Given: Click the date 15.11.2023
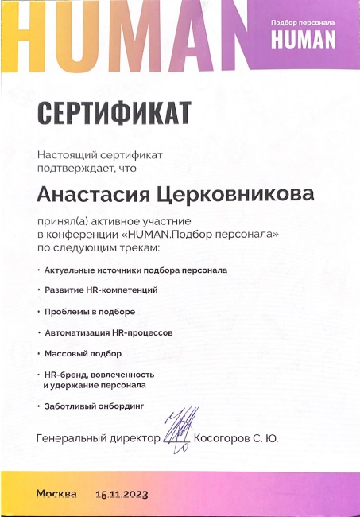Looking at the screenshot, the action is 122,494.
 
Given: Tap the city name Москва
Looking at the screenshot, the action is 56,493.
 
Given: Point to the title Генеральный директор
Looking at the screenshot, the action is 99,438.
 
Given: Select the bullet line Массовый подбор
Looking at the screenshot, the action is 79,351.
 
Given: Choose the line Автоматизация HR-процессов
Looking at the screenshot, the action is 109,331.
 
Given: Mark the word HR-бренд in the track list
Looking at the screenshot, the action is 64,373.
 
